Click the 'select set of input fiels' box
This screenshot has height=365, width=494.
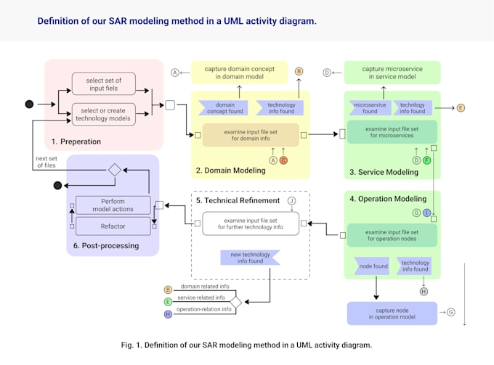click(x=104, y=84)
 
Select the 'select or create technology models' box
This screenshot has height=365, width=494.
click(x=104, y=114)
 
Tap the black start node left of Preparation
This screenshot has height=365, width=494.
click(x=29, y=104)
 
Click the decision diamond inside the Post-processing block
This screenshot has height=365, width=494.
click(x=113, y=170)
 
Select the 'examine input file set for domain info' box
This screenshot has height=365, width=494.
click(x=250, y=135)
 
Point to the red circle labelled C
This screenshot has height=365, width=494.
click(x=284, y=160)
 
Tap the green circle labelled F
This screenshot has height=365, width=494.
click(x=427, y=160)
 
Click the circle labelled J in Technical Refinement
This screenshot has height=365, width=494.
click(x=291, y=200)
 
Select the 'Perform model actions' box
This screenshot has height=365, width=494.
click(x=113, y=205)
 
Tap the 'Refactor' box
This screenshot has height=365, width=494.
click(x=113, y=225)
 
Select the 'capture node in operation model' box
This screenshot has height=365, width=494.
click(x=392, y=313)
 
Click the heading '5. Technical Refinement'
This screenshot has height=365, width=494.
click(x=236, y=200)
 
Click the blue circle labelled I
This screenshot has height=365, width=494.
click(x=427, y=213)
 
